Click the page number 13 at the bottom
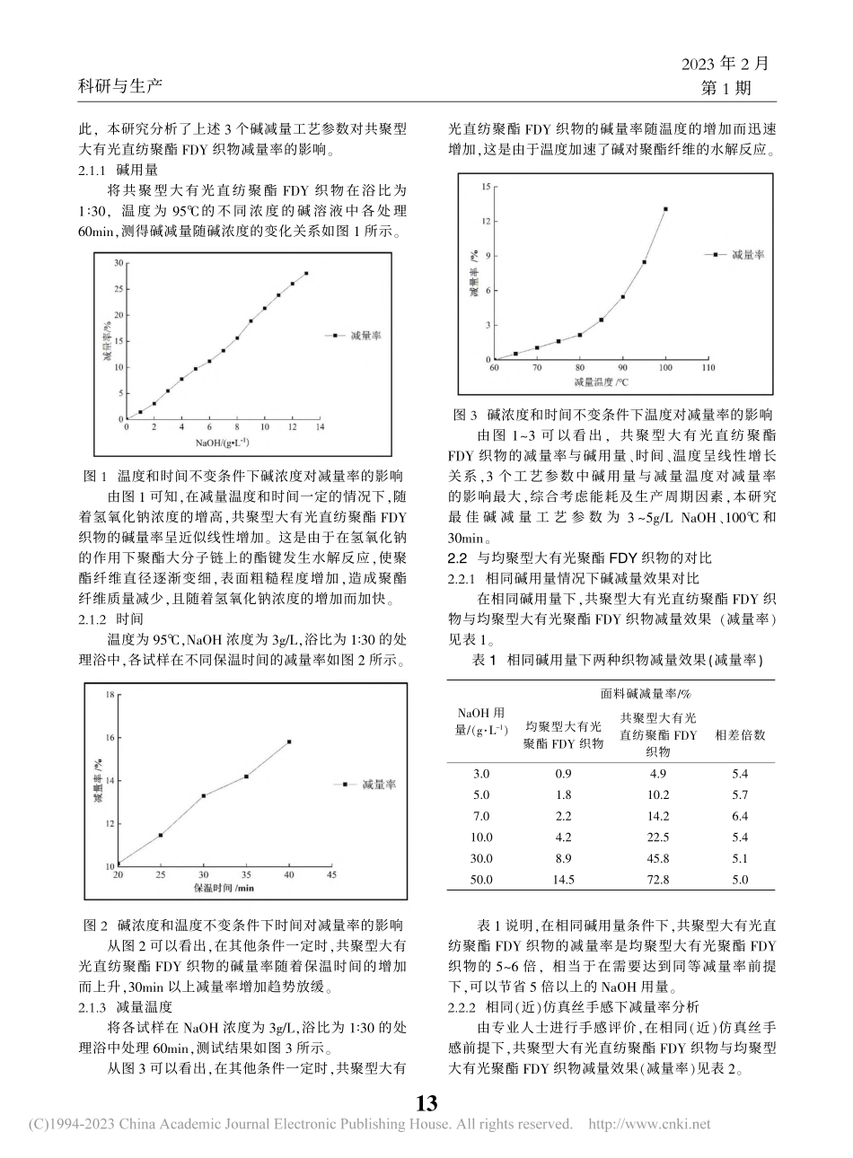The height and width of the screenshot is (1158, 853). click(426, 1102)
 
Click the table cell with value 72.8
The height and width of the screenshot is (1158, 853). click(657, 880)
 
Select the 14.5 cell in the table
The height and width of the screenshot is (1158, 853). click(563, 880)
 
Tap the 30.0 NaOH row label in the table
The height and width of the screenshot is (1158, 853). click(481, 858)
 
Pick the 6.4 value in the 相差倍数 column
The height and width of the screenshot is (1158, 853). click(739, 816)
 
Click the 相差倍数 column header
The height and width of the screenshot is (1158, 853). click(740, 734)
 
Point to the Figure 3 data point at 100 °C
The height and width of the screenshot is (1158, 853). click(665, 209)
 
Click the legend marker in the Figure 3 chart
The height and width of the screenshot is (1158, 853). click(715, 255)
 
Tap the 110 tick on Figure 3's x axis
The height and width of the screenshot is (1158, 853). click(708, 368)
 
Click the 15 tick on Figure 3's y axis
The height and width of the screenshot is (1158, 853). click(485, 186)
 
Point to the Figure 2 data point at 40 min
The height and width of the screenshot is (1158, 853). click(289, 741)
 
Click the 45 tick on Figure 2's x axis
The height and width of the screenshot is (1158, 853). click(331, 874)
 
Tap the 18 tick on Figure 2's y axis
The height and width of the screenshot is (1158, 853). click(110, 694)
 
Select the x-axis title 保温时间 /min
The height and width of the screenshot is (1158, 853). click(224, 888)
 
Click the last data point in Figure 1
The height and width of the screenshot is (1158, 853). click(306, 273)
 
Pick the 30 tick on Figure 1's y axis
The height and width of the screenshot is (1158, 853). click(118, 263)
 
